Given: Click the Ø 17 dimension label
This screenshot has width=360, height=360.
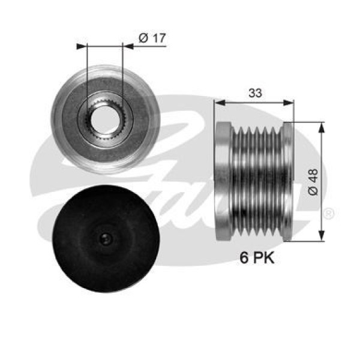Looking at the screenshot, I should pyautogui.click(x=151, y=38).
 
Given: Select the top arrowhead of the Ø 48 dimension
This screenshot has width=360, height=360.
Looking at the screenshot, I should pyautogui.click(x=323, y=126).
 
